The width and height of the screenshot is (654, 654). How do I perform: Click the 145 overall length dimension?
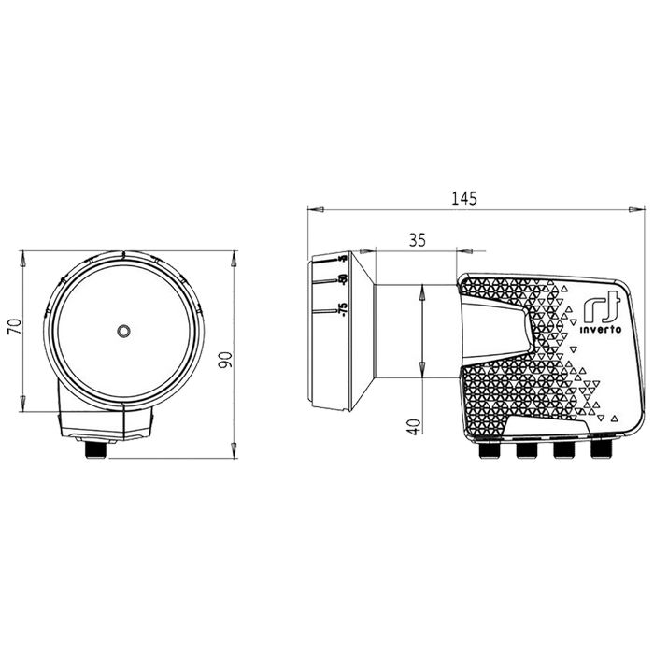pyautogui.click(x=464, y=197)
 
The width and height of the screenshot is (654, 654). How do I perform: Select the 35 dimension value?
pyautogui.click(x=417, y=240)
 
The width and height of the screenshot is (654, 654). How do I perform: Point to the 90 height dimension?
pyautogui.click(x=225, y=360)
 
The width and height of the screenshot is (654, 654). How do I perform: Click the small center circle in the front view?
pyautogui.click(x=124, y=332)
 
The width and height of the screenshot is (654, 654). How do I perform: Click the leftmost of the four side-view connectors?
pyautogui.click(x=487, y=451)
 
